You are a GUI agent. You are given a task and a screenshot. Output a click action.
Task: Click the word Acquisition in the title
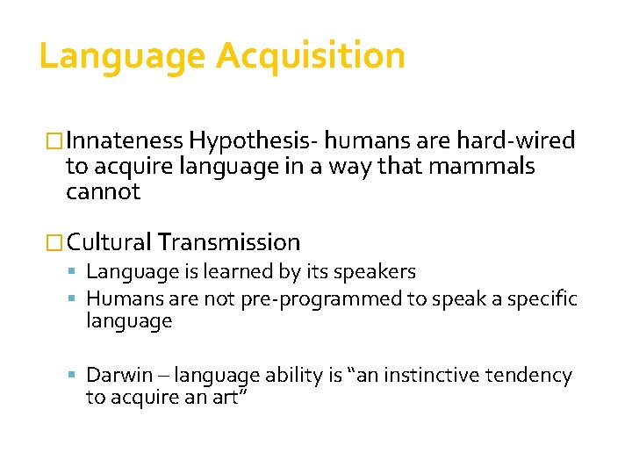pos(311,55)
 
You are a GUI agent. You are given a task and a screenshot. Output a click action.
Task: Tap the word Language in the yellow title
pos(122,55)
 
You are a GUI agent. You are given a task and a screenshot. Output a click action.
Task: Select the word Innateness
pos(125,140)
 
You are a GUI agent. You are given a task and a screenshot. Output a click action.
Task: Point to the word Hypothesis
pos(253,140)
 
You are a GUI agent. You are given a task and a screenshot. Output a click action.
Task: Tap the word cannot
pos(103,191)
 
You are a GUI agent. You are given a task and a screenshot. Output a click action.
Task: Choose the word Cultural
pos(108,242)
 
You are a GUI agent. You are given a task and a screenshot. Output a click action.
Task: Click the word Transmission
pos(228,242)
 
